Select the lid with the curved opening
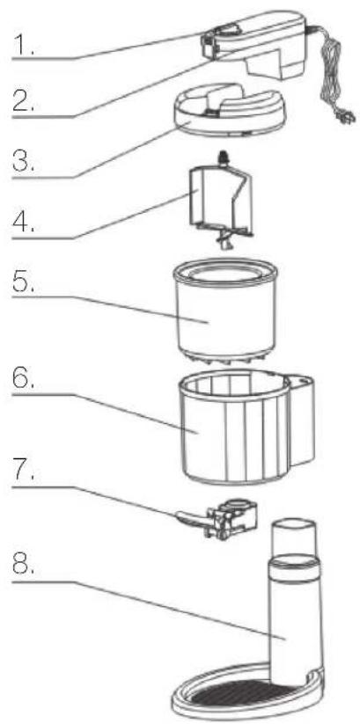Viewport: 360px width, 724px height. tap(228, 109)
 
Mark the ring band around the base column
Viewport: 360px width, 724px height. tap(294, 567)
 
